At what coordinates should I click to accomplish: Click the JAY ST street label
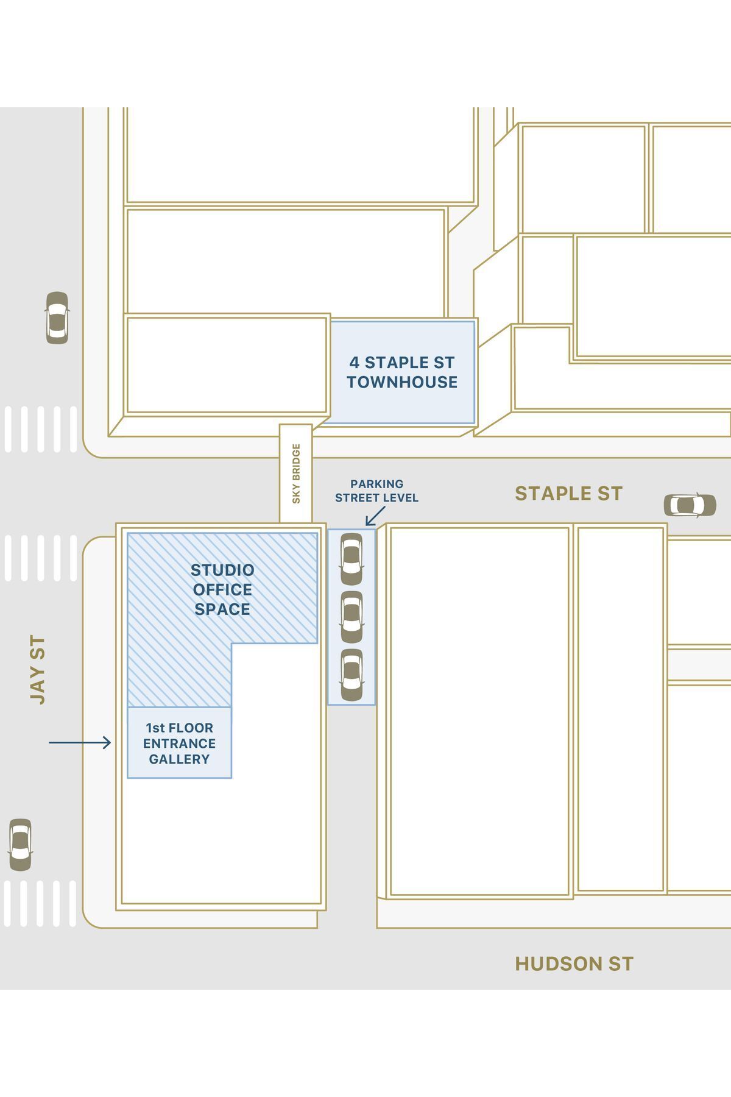[x=38, y=670]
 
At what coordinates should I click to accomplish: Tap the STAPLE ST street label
[x=569, y=494]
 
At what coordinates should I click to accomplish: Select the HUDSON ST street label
[x=574, y=964]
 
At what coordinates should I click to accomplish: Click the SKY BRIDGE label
[x=296, y=474]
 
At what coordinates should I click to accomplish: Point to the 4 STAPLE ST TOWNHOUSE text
[x=402, y=372]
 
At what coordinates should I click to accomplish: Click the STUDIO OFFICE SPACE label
[x=222, y=589]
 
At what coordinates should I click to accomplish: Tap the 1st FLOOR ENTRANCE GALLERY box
[x=179, y=742]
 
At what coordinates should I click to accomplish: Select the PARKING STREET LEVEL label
[x=376, y=491]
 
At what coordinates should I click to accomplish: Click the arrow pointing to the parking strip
[x=375, y=516]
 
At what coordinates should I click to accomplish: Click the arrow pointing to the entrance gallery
[x=80, y=742]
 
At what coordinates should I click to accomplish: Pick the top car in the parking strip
[x=351, y=559]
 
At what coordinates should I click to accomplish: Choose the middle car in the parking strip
[x=351, y=617]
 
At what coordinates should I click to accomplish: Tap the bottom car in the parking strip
[x=351, y=675]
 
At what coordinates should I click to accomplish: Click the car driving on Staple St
[x=690, y=505]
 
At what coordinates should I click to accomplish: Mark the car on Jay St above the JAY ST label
[x=57, y=318]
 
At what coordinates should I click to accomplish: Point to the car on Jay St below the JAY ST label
[x=20, y=845]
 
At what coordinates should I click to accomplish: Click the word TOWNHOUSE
[x=402, y=382]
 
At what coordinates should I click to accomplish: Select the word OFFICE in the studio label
[x=222, y=590]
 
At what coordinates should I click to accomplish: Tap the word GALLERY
[x=179, y=759]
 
